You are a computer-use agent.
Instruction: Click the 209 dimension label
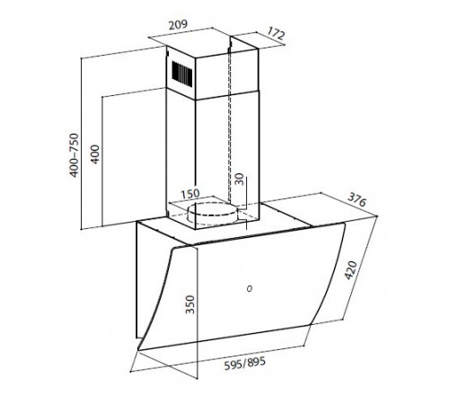coord(178,24)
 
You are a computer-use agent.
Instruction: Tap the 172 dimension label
coord(276,33)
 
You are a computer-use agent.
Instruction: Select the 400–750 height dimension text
coord(74,155)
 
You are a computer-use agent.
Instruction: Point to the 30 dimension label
coord(240,179)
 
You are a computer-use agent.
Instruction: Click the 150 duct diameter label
coord(190,194)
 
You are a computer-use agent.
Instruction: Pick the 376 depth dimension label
coord(357,199)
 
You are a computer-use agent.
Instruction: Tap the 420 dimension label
coord(350,270)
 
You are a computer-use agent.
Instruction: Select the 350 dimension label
coord(190,304)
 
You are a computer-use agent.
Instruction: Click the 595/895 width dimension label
coord(245,363)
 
